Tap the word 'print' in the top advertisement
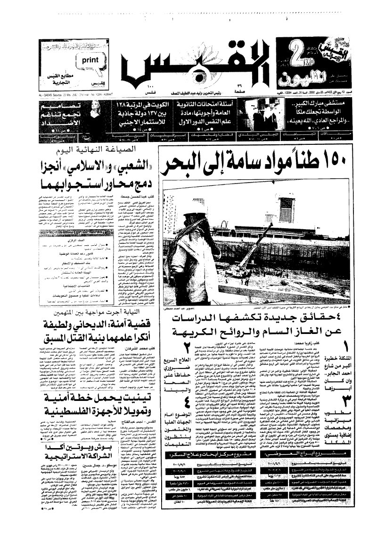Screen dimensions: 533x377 (91, 61)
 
